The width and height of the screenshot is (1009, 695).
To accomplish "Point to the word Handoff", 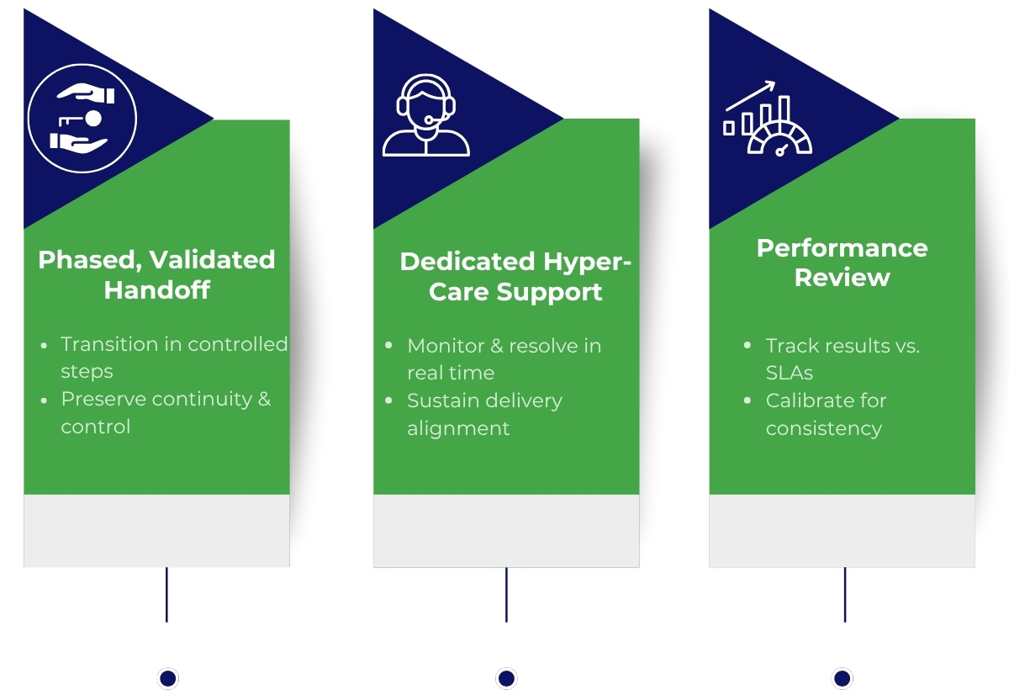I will click(156, 290).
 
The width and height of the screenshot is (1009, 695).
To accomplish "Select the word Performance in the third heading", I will click(842, 248).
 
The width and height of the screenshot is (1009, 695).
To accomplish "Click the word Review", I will click(842, 278).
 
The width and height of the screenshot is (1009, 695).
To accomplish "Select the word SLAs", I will click(789, 373).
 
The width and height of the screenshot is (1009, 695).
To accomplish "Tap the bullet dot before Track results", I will click(748, 346).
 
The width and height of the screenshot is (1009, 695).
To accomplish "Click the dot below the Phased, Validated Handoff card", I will click(168, 678).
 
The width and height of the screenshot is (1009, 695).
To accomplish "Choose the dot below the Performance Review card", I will click(843, 678).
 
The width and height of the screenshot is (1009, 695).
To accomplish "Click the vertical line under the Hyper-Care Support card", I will click(506, 594).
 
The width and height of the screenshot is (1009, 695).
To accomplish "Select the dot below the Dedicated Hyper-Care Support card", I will click(506, 678).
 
